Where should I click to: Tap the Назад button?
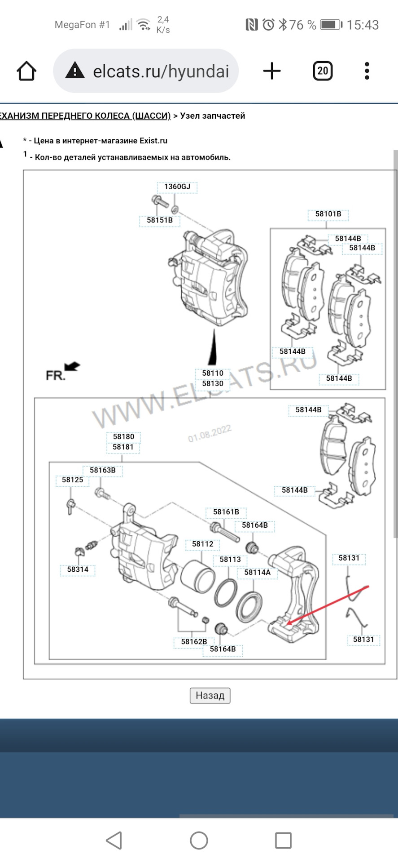click(x=210, y=695)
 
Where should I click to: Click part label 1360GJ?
click(x=177, y=187)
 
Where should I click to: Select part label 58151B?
click(x=160, y=220)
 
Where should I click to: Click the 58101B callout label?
click(x=328, y=214)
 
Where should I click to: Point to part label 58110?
click(x=212, y=373)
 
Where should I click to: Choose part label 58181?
click(x=123, y=447)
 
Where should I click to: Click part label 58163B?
click(x=102, y=470)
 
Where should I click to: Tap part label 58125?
click(x=72, y=480)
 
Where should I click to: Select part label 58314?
click(x=78, y=569)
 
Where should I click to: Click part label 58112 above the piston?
click(x=202, y=544)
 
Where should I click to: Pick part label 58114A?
click(x=257, y=572)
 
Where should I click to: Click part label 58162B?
click(x=194, y=641)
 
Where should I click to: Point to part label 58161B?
click(x=226, y=512)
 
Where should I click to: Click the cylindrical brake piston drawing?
click(x=197, y=576)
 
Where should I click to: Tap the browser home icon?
click(x=26, y=71)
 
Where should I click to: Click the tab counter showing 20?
click(x=322, y=71)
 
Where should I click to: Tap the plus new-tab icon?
click(x=271, y=71)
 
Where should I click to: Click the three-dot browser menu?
click(x=367, y=71)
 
